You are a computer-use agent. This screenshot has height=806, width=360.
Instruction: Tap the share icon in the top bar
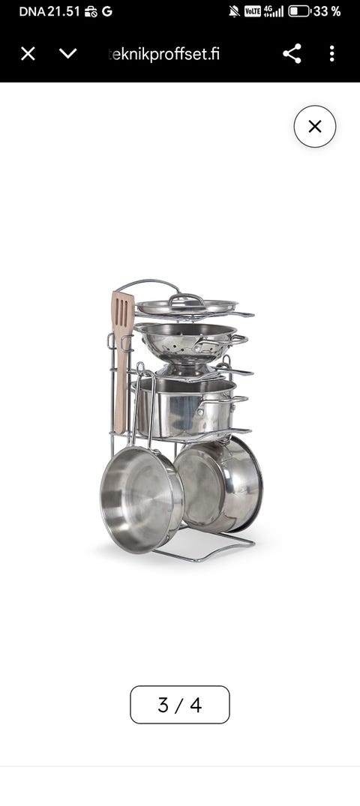292,53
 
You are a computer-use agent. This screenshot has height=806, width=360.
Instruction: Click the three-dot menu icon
331,53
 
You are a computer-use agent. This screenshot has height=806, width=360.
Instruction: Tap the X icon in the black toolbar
28,53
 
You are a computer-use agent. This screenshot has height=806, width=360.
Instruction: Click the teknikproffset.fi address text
164,53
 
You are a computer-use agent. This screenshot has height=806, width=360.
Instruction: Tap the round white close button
315,127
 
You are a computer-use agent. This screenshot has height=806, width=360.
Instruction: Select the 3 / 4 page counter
180,705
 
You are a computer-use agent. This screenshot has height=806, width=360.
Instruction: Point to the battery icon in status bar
298,11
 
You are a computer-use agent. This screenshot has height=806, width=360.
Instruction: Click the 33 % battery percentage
327,11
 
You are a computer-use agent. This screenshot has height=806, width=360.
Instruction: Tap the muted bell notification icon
235,11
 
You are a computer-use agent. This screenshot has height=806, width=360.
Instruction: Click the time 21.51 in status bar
64,11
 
